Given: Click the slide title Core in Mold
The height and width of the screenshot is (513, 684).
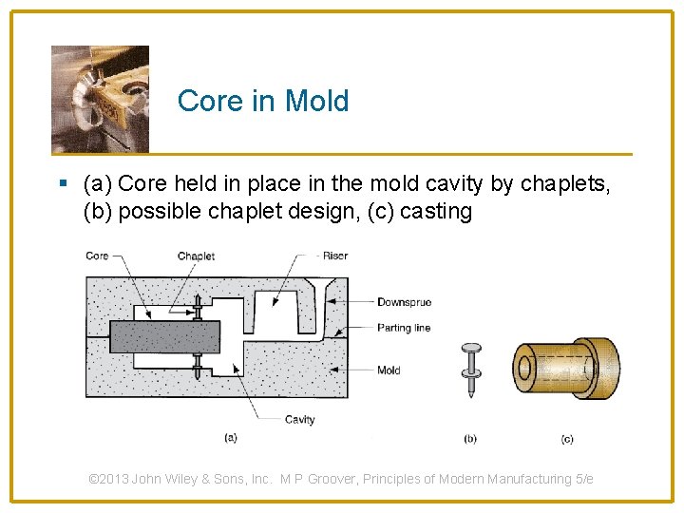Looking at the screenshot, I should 263,101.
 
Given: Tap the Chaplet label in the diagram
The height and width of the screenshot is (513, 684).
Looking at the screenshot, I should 196,256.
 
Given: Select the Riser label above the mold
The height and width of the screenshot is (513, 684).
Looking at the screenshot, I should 334,256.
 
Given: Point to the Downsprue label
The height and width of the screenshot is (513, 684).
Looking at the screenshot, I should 404,302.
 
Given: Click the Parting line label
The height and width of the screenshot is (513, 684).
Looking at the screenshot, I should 403,328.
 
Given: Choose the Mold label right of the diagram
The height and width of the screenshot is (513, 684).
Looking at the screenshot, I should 389,370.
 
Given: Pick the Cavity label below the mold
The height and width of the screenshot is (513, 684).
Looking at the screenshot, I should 299,419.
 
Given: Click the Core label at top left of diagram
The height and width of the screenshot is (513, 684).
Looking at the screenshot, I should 97,256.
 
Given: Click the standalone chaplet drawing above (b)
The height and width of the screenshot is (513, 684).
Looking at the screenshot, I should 469,371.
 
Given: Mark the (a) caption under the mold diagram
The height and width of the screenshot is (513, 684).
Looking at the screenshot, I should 230,438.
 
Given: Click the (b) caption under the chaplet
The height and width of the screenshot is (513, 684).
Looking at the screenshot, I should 470,439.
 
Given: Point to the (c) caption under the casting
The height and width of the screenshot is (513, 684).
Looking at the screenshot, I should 566,439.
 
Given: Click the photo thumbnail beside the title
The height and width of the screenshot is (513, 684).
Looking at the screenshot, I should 100,99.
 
